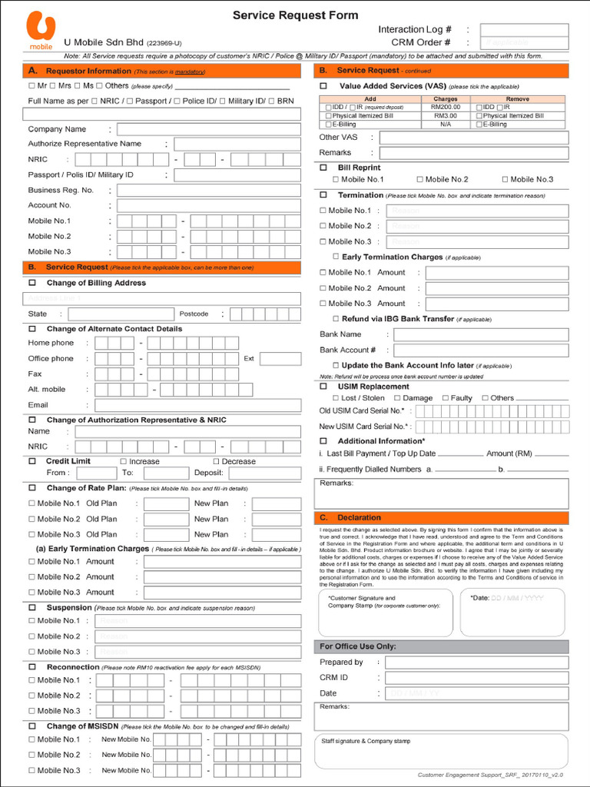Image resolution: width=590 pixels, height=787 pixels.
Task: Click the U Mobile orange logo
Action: [41, 31]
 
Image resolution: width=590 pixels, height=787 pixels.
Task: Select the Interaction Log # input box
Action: [524, 30]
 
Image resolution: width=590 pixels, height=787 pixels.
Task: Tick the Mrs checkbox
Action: [54, 86]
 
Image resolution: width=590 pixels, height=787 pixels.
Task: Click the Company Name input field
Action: [208, 129]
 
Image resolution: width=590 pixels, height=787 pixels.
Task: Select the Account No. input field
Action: [208, 206]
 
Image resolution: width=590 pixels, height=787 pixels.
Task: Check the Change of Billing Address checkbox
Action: [31, 283]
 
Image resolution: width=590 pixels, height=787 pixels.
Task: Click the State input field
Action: [120, 314]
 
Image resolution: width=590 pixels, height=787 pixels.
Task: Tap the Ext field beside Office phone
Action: [280, 359]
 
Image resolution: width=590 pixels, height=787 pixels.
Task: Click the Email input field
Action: [197, 405]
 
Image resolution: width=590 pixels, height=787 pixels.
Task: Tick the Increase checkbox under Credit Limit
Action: [123, 461]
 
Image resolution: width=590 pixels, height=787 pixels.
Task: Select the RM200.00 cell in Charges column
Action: [446, 107]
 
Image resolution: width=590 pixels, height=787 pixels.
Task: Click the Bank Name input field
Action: [481, 334]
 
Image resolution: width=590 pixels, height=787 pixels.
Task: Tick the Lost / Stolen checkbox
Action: [335, 398]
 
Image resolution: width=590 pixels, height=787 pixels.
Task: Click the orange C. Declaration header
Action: [442, 518]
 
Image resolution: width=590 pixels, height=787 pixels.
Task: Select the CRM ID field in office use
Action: [476, 678]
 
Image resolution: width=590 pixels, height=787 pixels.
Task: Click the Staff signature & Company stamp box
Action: [442, 751]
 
